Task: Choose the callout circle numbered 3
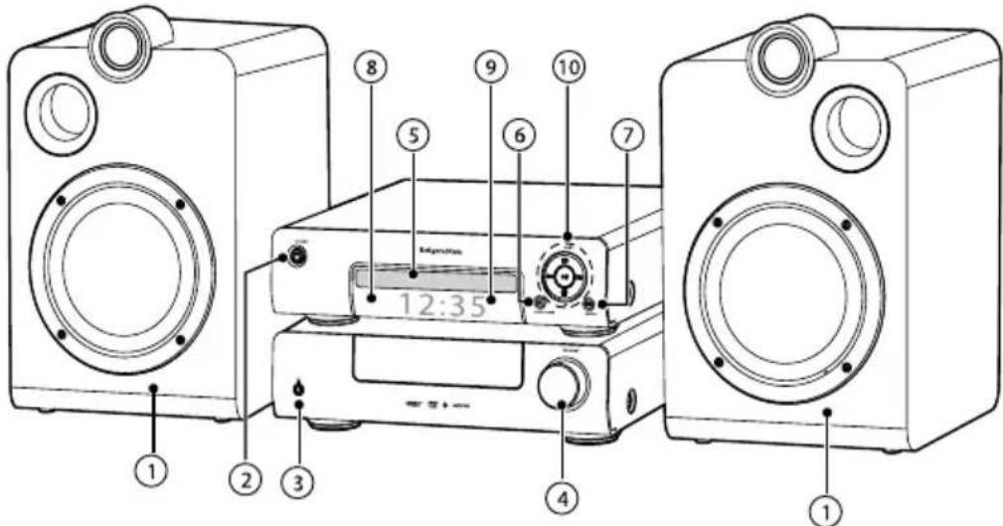click(298, 481)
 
